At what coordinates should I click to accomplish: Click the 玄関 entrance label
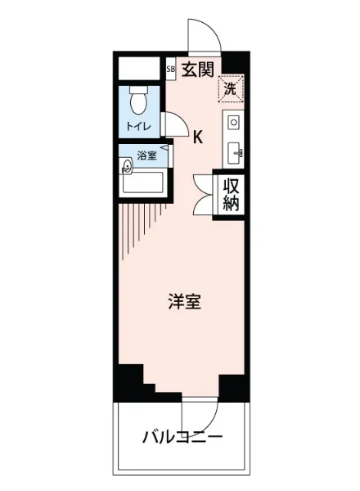coord(198,70)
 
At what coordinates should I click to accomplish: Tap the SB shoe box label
coord(170,70)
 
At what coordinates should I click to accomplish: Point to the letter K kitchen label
coord(198,137)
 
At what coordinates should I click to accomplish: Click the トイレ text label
coord(137,127)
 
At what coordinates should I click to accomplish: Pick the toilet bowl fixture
coord(139,101)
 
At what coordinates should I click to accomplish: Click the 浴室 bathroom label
coord(147,155)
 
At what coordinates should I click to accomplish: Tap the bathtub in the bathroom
coord(145,182)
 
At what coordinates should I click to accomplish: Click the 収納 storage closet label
coord(231,194)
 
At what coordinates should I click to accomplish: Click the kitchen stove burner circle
coord(233,124)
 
